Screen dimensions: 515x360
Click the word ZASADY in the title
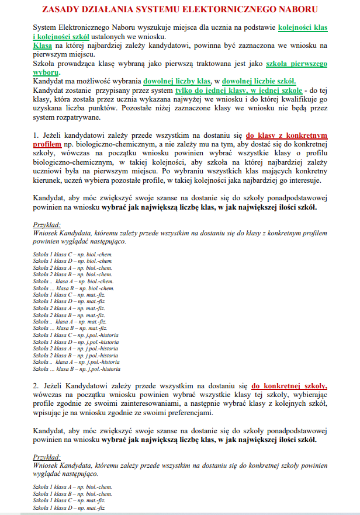coord(65,9)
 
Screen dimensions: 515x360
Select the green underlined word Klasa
coord(43,45)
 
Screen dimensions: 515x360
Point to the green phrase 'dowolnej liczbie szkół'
coord(259,81)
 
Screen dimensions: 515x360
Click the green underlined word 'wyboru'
coord(46,72)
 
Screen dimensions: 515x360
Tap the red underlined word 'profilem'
coord(47,143)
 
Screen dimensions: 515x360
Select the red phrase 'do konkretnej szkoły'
coord(289,386)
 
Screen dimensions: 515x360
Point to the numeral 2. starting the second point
coord(36,386)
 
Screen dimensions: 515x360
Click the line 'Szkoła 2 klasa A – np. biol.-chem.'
coord(72,267)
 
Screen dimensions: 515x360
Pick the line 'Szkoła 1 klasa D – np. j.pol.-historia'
coord(75,342)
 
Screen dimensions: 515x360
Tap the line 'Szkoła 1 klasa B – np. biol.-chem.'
coord(72,493)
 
